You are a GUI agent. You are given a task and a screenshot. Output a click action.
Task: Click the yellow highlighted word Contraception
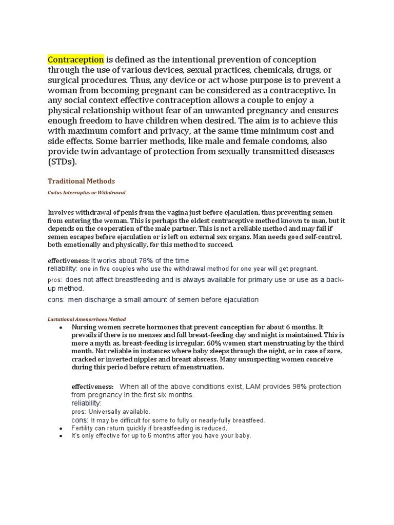pyautogui.click(x=76, y=59)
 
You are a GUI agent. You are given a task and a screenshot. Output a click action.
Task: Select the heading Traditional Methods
pyautogui.click(x=81, y=181)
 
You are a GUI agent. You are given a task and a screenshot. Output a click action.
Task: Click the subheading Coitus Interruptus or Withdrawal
pyautogui.click(x=87, y=192)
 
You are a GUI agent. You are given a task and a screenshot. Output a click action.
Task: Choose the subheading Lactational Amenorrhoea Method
pyautogui.click(x=87, y=319)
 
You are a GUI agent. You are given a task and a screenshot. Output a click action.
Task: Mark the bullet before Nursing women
pyautogui.click(x=61, y=327)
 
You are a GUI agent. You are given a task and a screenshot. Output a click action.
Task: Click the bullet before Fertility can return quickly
pyautogui.click(x=61, y=428)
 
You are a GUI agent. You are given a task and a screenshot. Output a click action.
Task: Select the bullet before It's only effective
pyautogui.click(x=61, y=436)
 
